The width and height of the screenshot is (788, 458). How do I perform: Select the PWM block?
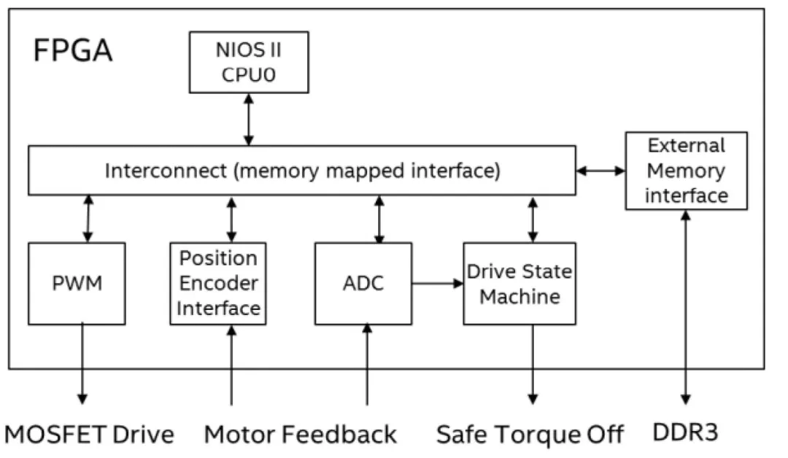point(77,283)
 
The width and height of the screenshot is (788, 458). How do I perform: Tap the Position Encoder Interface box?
point(218,283)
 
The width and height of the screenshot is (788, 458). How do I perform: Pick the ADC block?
point(363,283)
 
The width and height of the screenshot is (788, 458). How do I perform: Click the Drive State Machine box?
point(519,283)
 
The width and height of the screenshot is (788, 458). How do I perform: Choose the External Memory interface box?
point(686,170)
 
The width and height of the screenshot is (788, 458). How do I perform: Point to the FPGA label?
point(73,51)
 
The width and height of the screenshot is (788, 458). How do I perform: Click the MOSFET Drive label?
point(90,435)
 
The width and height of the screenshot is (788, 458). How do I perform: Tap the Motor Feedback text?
point(301,435)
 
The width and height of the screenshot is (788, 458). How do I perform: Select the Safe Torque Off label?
point(530,435)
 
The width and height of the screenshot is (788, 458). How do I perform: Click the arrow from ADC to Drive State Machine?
point(437,283)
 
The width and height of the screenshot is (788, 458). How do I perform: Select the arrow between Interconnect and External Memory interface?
point(600,171)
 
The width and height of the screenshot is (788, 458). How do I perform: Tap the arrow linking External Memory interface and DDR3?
point(685,306)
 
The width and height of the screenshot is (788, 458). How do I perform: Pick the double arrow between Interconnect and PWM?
point(88,219)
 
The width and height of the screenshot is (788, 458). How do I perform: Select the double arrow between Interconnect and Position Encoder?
point(231,219)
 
